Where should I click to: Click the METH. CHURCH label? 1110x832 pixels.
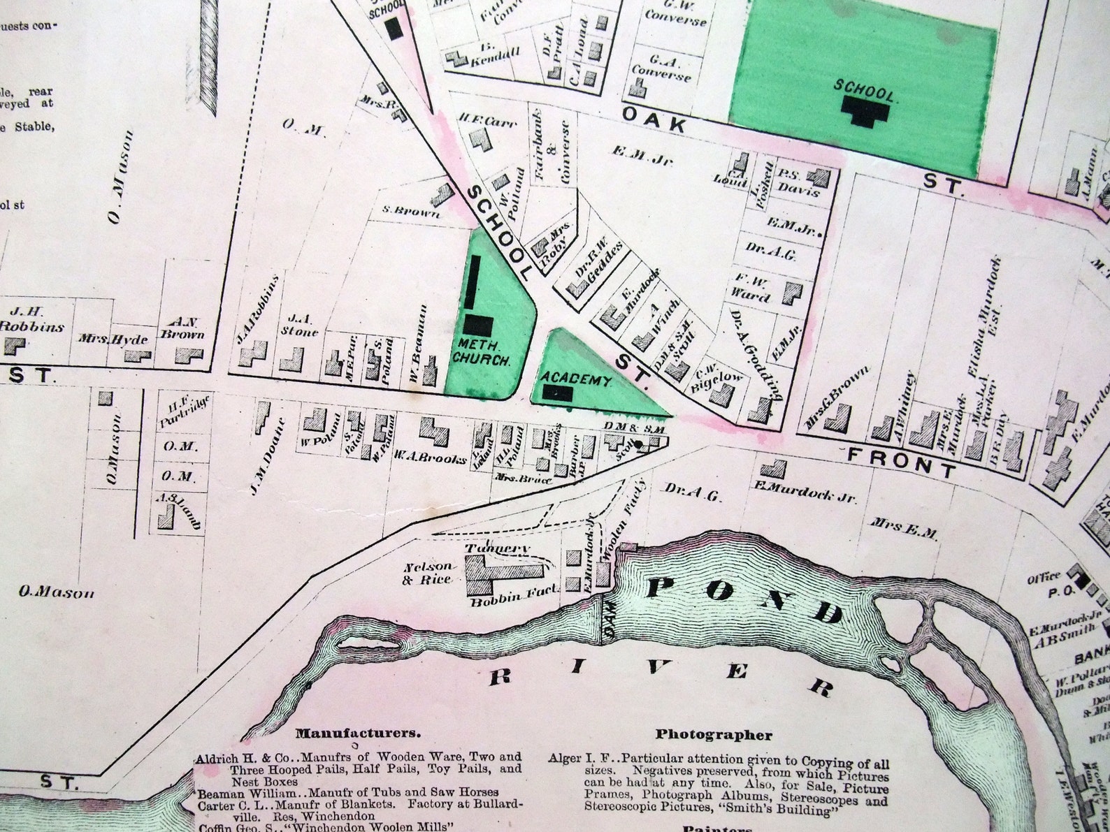[x=482, y=352]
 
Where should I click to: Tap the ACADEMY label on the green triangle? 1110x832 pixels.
[x=577, y=381]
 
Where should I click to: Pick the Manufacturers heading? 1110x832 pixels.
[x=358, y=734]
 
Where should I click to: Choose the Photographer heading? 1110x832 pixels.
[x=714, y=734]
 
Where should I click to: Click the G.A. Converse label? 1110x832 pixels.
[x=661, y=67]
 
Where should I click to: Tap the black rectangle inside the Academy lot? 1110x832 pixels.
[x=558, y=393]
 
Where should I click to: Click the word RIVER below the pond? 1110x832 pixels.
[x=661, y=672]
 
